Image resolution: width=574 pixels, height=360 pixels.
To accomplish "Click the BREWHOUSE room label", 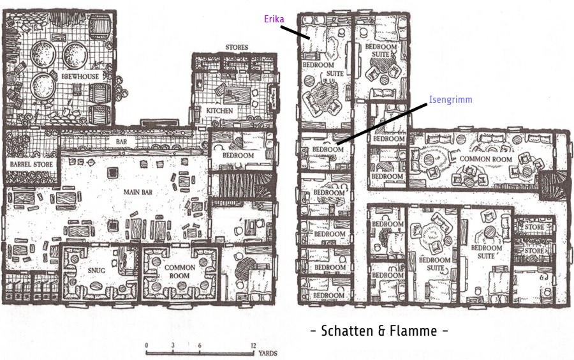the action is [x=80, y=77].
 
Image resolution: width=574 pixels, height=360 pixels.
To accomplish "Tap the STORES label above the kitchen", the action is [x=237, y=47].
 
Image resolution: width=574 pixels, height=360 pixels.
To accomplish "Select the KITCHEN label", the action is [x=219, y=110].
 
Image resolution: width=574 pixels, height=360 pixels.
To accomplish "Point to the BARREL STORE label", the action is [x=31, y=165].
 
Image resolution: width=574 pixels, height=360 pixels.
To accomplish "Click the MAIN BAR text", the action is [x=138, y=192].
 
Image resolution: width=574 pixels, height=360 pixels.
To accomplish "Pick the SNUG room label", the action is [x=97, y=270].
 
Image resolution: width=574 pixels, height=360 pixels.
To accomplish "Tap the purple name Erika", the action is [x=274, y=19].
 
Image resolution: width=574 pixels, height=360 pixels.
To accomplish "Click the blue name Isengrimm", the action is [x=451, y=100].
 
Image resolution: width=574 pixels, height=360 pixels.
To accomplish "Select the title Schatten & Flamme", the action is [x=379, y=331].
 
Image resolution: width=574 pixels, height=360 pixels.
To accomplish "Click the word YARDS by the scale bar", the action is [x=268, y=354].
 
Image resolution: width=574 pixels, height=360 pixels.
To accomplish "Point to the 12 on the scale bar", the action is [x=253, y=345].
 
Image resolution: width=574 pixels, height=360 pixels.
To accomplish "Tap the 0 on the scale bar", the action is [x=147, y=345].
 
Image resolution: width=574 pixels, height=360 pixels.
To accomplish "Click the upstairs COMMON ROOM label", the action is [x=485, y=159].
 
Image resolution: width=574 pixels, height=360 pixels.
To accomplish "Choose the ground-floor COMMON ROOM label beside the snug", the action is [x=179, y=271].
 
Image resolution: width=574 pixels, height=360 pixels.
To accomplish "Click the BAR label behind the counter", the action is [x=122, y=141].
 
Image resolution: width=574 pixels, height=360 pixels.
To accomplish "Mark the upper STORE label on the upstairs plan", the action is [x=534, y=227].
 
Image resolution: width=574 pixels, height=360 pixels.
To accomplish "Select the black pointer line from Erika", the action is [x=296, y=32].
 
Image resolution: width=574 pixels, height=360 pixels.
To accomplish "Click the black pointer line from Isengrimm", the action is [x=382, y=123].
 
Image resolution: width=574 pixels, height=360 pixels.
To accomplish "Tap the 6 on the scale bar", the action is [x=200, y=345].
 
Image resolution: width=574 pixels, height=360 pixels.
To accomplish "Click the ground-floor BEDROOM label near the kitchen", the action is [x=238, y=155].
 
